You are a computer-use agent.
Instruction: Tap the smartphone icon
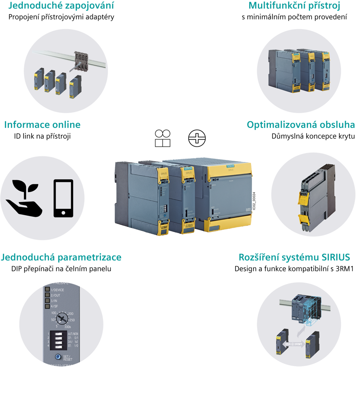pyautogui.click(x=63, y=198)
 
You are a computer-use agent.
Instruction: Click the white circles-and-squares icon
pyautogui.click(x=162, y=138)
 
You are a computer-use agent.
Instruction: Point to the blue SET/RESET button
pyautogui.click(x=58, y=357)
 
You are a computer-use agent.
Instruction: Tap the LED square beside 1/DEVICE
pyautogui.click(x=47, y=290)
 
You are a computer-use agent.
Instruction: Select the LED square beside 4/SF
pyautogui.click(x=47, y=307)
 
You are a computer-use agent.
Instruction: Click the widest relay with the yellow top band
pyautogui.click(x=227, y=198)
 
